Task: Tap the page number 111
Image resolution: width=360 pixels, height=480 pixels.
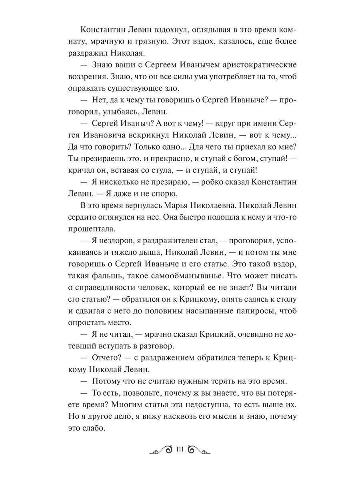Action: click(179, 450)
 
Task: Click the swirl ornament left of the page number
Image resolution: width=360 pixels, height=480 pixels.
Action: click(160, 450)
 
